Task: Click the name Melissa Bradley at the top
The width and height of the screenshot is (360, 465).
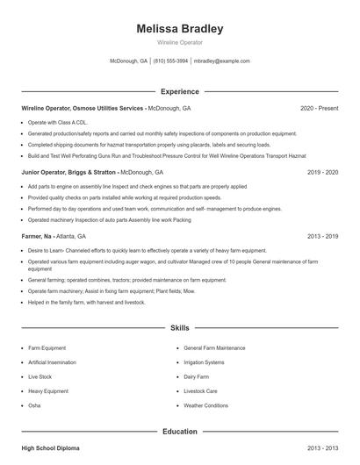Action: (x=179, y=28)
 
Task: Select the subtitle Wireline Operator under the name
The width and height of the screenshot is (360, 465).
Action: (x=179, y=42)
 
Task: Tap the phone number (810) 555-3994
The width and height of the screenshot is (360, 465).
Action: (x=170, y=61)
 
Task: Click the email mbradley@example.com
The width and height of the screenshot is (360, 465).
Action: (x=221, y=61)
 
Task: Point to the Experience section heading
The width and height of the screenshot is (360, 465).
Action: (x=179, y=91)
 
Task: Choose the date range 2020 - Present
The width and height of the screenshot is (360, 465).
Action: (x=319, y=108)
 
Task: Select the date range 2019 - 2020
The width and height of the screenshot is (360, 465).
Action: (x=322, y=173)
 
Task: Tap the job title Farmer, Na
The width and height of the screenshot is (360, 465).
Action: (x=38, y=237)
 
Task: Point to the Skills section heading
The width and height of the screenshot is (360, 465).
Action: (x=179, y=327)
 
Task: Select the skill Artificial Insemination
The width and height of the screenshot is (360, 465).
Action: (x=53, y=361)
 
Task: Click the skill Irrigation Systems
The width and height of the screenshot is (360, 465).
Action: (x=204, y=361)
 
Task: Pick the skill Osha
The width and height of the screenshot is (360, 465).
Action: (x=34, y=405)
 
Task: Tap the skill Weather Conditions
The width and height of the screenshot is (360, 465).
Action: (x=206, y=405)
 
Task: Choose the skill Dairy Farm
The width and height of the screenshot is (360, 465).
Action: (x=196, y=376)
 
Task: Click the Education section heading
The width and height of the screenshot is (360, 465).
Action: (x=179, y=432)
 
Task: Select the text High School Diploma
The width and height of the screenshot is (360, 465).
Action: (x=50, y=448)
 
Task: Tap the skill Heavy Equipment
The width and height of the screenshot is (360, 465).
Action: (x=47, y=390)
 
